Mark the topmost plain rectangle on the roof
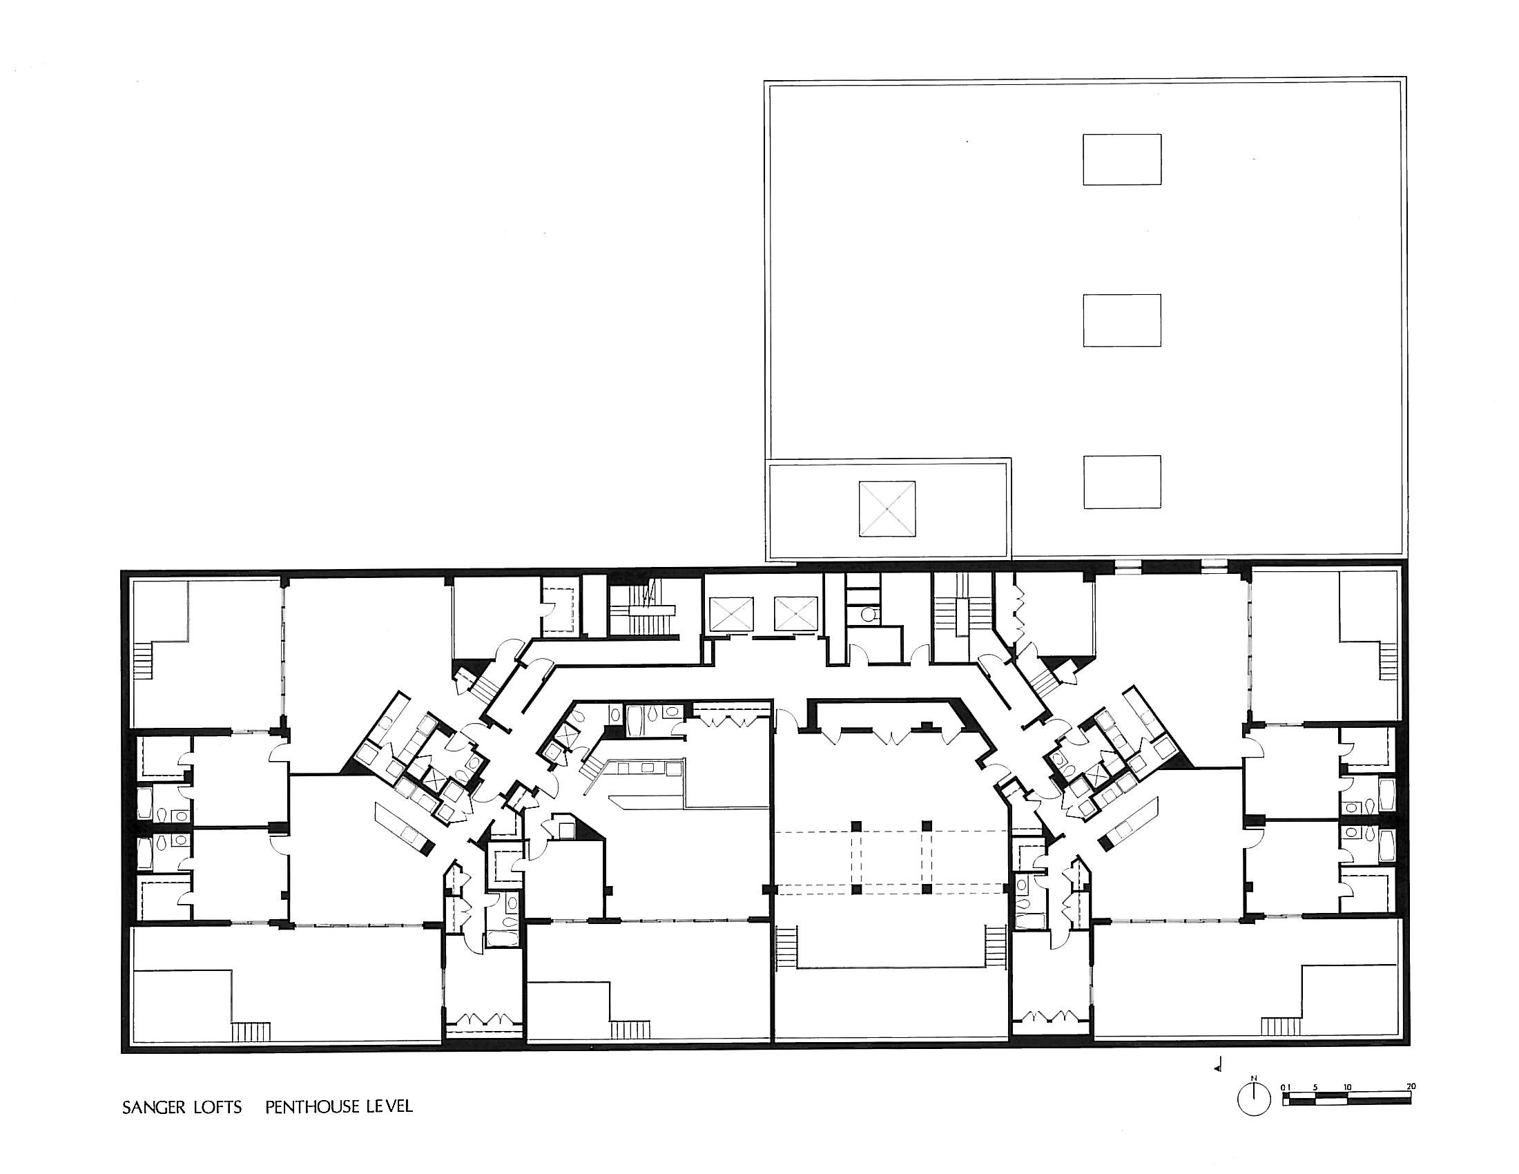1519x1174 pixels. (1122, 160)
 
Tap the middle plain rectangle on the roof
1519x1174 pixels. (1122, 320)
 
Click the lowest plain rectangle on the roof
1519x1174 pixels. (1122, 482)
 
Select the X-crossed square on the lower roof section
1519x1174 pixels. (887, 509)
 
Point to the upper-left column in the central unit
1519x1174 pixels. (857, 825)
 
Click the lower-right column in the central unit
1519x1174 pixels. (926, 888)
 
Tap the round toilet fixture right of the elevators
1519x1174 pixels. (867, 614)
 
